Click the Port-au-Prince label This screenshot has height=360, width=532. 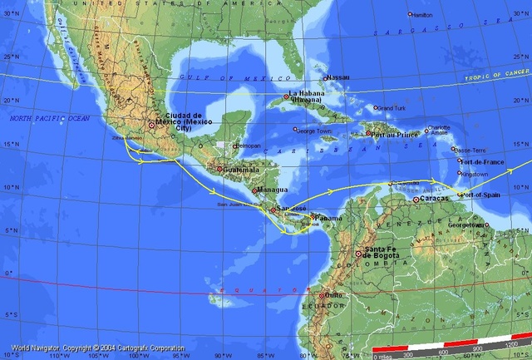pyautogui.click(x=391, y=134)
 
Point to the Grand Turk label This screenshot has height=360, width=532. pyautogui.click(x=391, y=108)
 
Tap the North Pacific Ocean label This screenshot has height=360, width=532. pyautogui.click(x=49, y=120)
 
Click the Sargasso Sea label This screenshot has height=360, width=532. pyautogui.click(x=407, y=32)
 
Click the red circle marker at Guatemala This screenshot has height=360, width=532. pyautogui.click(x=219, y=170)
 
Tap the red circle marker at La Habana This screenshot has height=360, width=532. pyautogui.click(x=285, y=96)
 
